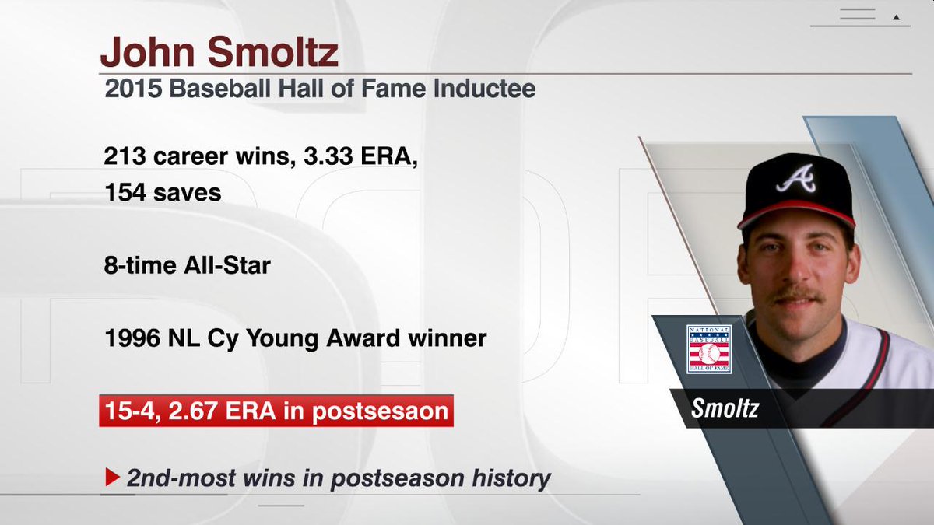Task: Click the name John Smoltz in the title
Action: tap(219, 53)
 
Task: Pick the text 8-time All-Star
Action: tap(187, 265)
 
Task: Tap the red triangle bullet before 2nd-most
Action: tap(112, 478)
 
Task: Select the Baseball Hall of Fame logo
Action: tap(708, 349)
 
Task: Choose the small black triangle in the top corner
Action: tap(896, 16)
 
